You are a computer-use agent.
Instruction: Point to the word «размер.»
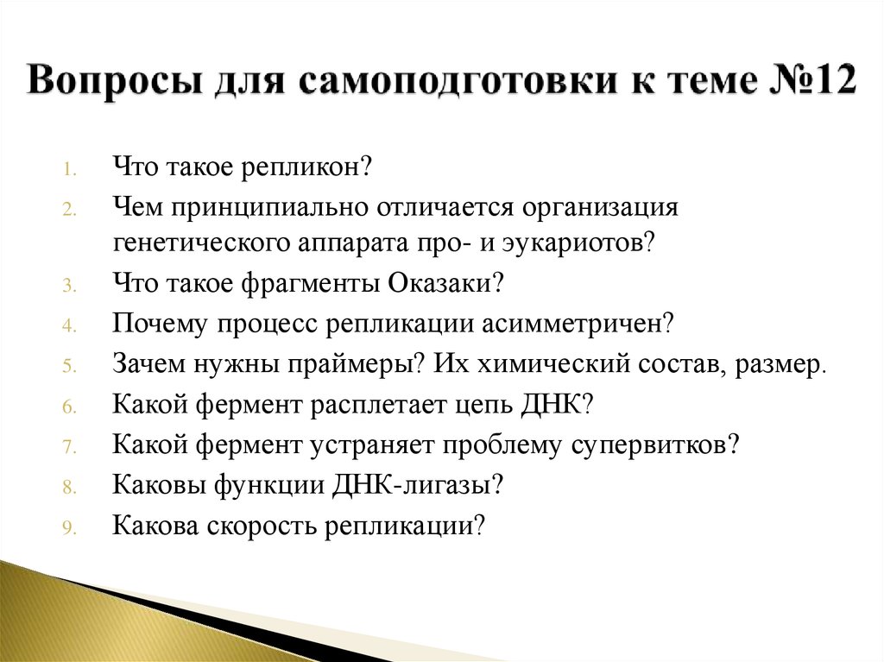(x=781, y=363)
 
